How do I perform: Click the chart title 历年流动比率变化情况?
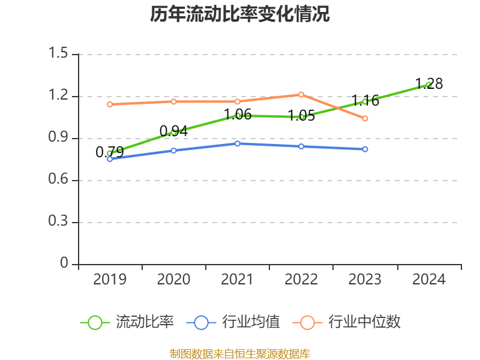click(x=240, y=14)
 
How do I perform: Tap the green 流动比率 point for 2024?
click(x=428, y=85)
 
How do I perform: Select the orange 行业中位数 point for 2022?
click(x=301, y=94)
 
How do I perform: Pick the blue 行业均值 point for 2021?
click(x=238, y=143)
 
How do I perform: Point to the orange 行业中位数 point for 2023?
click(x=365, y=118)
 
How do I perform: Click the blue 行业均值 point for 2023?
click(x=365, y=149)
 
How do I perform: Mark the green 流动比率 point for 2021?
click(x=238, y=115)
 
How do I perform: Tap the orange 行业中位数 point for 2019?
click(x=110, y=104)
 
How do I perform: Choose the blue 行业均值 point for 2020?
click(x=173, y=150)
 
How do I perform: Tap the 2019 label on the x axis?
click(x=110, y=280)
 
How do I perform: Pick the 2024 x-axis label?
click(x=428, y=280)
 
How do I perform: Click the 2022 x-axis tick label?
click(x=301, y=280)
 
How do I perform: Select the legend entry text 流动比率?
click(x=145, y=322)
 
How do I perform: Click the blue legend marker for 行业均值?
click(x=201, y=322)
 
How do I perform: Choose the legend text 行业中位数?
click(x=364, y=322)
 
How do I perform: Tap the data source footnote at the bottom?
click(x=240, y=353)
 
